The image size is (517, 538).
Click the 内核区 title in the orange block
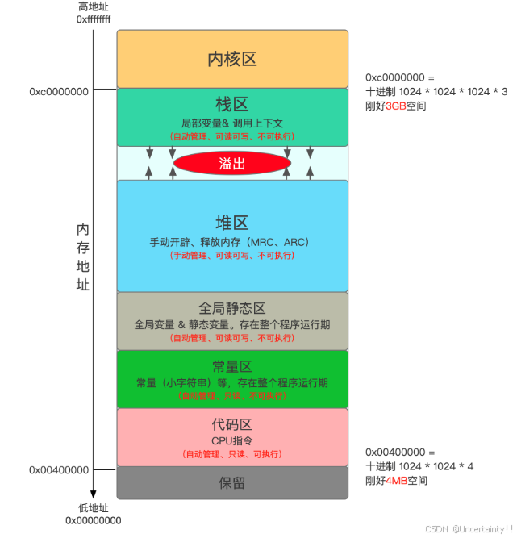click(231, 59)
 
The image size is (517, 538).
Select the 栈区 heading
click(231, 104)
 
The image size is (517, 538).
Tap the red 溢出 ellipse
click(231, 164)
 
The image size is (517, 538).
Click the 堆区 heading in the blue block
click(231, 223)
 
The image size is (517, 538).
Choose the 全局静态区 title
click(231, 308)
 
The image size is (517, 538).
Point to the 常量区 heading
click(231, 366)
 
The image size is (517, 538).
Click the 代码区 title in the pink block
click(231, 424)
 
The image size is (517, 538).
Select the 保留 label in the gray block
click(231, 482)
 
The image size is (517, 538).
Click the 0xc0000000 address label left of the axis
click(59, 92)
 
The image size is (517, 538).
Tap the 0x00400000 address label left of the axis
click(59, 469)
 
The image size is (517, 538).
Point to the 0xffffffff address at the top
click(93, 18)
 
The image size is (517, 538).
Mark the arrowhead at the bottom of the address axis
click(93, 494)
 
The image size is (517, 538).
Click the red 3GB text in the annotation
click(397, 106)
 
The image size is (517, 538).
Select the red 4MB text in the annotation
click(397, 481)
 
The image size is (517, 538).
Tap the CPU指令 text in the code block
click(231, 440)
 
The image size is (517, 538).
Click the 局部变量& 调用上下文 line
click(231, 123)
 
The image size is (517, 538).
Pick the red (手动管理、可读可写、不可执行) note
click(231, 256)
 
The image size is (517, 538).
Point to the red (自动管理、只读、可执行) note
click(231, 454)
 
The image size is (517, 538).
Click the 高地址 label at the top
click(93, 6)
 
